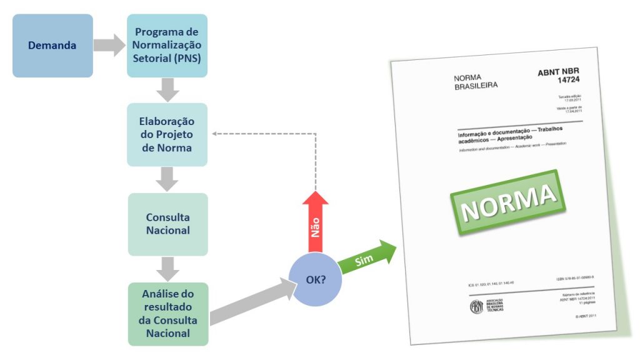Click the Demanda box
(x=52, y=46)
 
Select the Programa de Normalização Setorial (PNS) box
(x=167, y=46)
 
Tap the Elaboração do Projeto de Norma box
(x=167, y=134)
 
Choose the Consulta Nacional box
(x=167, y=224)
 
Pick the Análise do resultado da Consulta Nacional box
(x=167, y=314)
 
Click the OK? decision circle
(x=315, y=279)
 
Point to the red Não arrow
(x=315, y=222)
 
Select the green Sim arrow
(x=369, y=256)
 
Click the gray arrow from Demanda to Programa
(x=109, y=45)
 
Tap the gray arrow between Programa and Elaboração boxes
(x=167, y=90)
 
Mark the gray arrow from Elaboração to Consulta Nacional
(x=167, y=179)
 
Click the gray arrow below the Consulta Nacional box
(x=167, y=269)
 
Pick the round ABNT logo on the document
(x=476, y=307)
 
